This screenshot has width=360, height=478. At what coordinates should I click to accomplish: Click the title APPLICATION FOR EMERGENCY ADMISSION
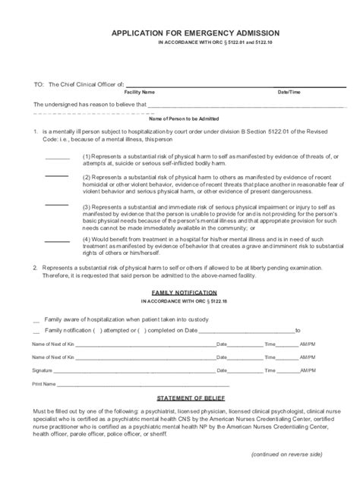click(x=196, y=33)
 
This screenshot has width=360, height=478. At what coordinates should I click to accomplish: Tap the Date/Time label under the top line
click(x=289, y=91)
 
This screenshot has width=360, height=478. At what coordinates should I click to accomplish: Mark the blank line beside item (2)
click(x=57, y=177)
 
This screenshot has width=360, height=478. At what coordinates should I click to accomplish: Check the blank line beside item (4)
click(x=57, y=241)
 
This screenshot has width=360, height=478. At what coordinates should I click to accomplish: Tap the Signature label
click(x=43, y=370)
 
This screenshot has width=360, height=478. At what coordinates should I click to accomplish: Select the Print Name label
click(x=43, y=384)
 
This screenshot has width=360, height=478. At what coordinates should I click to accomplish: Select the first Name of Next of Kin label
click(x=53, y=344)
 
